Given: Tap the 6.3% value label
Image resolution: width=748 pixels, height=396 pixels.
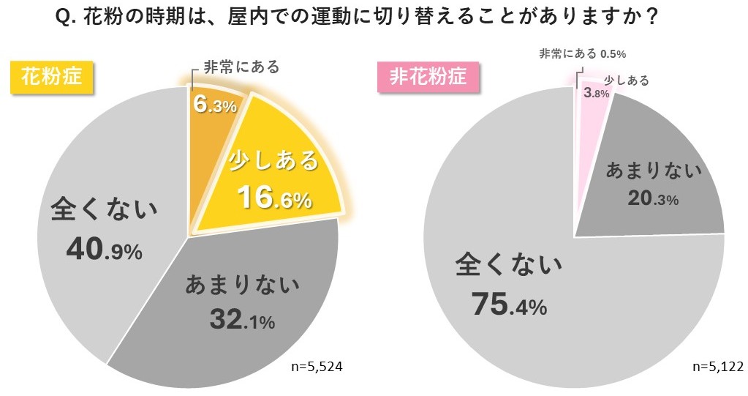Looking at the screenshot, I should point(215,105).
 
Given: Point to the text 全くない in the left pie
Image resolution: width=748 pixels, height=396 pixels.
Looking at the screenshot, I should point(103,212).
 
